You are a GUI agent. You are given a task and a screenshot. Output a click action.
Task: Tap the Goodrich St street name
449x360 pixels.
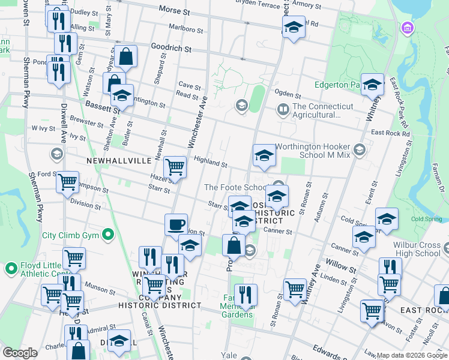pos(171,49)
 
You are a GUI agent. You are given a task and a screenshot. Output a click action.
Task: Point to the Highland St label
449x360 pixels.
pos(210,161)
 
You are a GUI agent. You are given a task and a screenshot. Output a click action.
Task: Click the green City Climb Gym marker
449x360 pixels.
pos(108,235)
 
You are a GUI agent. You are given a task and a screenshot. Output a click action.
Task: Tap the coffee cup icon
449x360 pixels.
pos(176,225)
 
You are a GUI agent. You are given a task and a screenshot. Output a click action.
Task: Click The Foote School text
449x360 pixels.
pos(235,187)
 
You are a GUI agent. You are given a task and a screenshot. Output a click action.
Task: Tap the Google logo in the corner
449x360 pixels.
pos(20,353)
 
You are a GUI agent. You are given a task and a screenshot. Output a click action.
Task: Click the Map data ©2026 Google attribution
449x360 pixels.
pos(412,355)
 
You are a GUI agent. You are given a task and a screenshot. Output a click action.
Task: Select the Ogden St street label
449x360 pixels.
pos(288,93)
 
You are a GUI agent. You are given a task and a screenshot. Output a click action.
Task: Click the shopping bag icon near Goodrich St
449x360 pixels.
pos(127,57)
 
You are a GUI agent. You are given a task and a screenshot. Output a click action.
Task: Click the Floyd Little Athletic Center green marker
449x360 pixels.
pos(11,268)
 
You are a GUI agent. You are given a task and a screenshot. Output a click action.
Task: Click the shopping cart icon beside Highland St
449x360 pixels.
pos(175,166)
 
